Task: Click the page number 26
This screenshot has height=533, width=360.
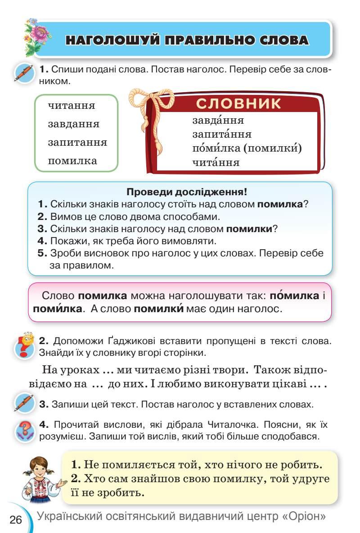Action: [16, 520]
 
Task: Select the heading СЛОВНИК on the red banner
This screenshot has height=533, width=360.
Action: [239, 103]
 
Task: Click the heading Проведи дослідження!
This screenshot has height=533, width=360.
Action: [187, 192]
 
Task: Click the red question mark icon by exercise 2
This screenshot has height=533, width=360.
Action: [24, 345]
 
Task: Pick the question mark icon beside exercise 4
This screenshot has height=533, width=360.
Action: [24, 431]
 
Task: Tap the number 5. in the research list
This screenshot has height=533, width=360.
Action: [42, 253]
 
